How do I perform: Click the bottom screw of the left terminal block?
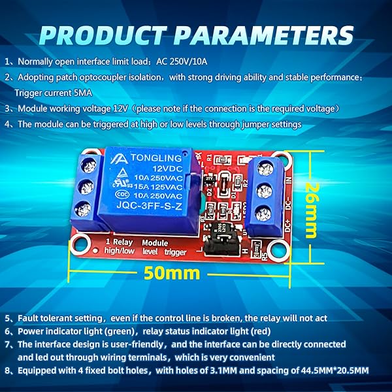tap(82, 210)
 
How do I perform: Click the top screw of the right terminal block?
tap(267, 171)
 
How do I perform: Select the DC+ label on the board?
tap(289, 225)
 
